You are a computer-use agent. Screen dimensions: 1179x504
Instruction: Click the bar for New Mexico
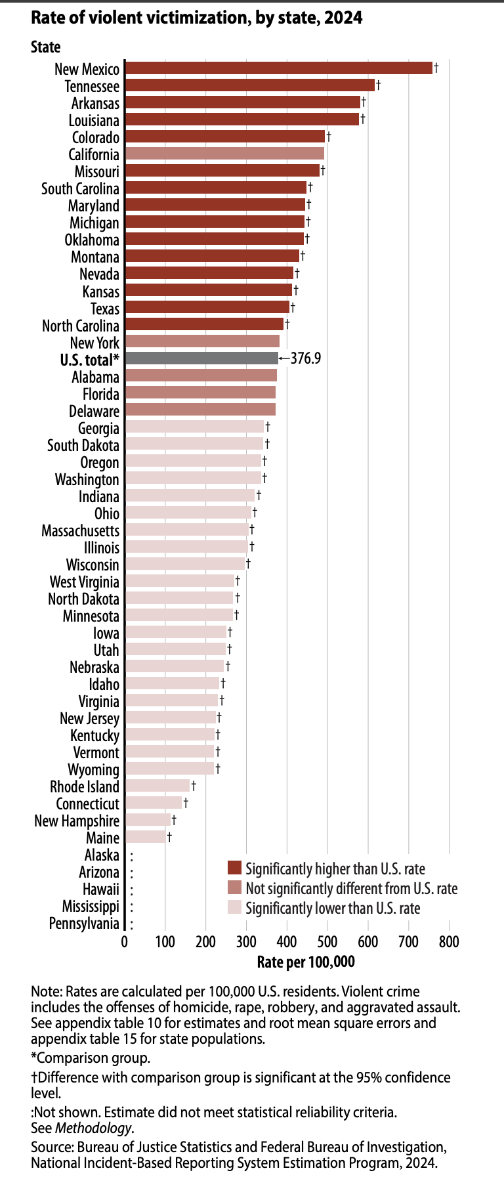point(278,68)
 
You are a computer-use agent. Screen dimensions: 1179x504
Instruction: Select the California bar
point(224,154)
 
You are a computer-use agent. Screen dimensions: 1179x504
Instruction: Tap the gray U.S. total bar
point(201,358)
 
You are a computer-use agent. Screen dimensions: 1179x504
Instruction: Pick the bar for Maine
point(145,837)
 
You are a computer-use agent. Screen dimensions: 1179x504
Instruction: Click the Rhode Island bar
point(157,786)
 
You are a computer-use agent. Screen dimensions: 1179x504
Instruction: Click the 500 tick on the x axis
point(327,942)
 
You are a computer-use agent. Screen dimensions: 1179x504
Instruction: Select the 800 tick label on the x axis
point(449,942)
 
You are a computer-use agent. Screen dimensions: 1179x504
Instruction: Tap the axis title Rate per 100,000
point(306,962)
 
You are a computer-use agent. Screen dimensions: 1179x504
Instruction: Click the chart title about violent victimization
point(196,18)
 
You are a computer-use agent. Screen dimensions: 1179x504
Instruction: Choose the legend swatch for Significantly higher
point(234,868)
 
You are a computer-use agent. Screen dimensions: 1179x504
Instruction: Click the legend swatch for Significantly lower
point(234,908)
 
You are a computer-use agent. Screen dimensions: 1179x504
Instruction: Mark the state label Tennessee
point(92,86)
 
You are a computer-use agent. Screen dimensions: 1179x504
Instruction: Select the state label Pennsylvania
point(84,924)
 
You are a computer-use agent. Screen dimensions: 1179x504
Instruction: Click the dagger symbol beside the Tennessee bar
point(378,85)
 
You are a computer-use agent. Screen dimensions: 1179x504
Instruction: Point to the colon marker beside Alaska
point(132,856)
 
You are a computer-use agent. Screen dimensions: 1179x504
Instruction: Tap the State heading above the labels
point(45,47)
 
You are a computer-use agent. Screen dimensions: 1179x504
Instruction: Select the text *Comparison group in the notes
point(91,1058)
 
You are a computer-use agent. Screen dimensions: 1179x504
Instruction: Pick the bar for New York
point(201,341)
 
